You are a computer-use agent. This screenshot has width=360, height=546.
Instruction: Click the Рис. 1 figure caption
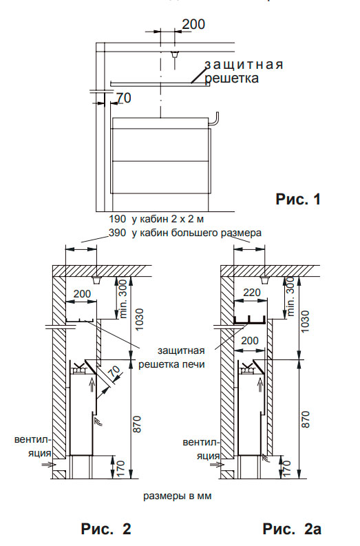pos(297,199)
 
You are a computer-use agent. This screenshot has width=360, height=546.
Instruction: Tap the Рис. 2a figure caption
pos(292,529)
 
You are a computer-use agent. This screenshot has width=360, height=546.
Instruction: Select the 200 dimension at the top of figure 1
pos(193,24)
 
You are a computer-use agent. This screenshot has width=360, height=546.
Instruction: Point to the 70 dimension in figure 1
pos(124,98)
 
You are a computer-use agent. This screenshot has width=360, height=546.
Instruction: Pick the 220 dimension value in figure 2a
pos(252,293)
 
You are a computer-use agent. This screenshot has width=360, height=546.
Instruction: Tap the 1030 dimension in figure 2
pos(139,319)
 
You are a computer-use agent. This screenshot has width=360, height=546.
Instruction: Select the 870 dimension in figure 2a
pos(305,419)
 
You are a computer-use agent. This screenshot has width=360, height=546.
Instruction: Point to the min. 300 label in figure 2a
pos(290,297)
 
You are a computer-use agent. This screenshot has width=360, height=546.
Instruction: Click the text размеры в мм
pos(177,496)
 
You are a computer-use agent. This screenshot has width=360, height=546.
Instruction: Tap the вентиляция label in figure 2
pos(33,446)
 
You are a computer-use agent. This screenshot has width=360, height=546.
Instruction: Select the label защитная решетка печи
pos(171,357)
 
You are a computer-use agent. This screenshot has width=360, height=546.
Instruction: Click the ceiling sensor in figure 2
pos(96,280)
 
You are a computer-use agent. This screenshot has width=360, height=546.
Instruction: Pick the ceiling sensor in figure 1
pos(174,54)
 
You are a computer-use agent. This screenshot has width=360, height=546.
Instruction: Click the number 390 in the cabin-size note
pos(117,233)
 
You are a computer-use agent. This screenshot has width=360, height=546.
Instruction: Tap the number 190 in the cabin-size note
pos(117,219)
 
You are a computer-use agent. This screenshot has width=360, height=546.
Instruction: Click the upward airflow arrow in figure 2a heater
pos(260,386)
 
